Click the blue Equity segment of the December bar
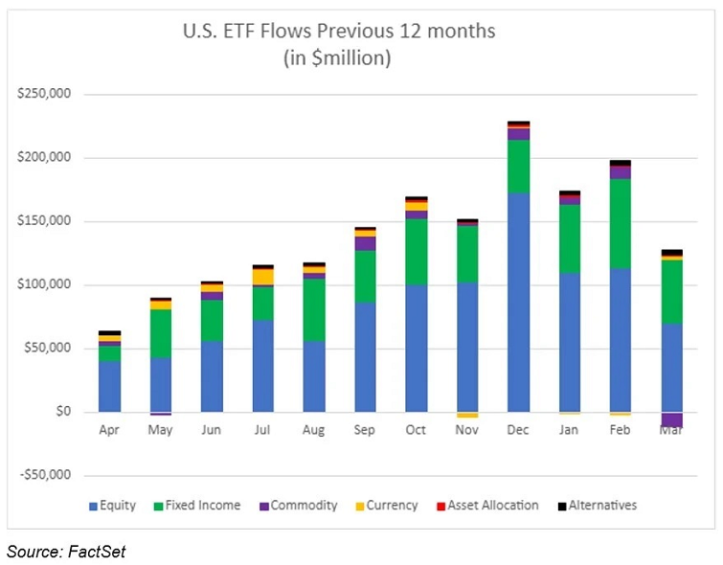518,302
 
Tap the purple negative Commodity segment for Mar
672,419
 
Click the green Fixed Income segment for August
314,309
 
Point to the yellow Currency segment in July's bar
262,277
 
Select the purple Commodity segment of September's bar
365,243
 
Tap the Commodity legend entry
296,505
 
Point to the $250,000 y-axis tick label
50,95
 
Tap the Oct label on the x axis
416,430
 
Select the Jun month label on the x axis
212,430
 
